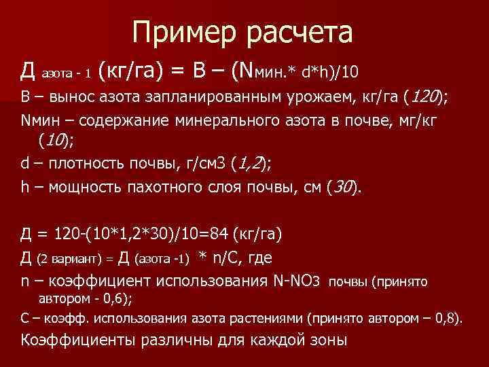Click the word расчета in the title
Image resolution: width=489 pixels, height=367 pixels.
(x=297, y=32)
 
